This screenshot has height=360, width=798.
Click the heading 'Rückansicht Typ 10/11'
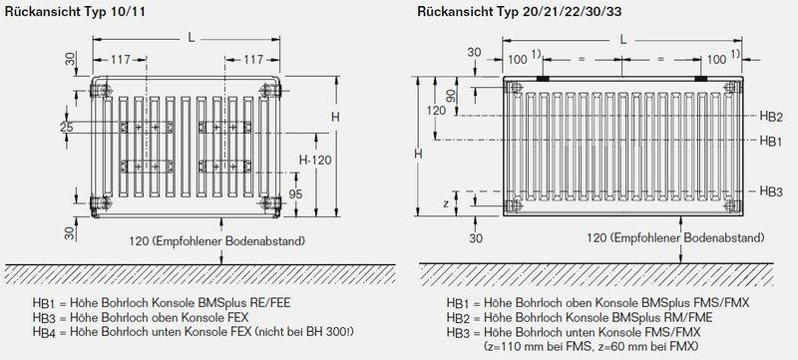click(x=75, y=12)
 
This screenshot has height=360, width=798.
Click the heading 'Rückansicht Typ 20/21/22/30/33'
click(x=519, y=12)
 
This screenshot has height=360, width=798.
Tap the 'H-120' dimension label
click(x=315, y=161)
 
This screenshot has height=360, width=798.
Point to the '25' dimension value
click(x=67, y=127)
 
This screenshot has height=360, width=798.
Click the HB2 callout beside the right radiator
click(x=771, y=117)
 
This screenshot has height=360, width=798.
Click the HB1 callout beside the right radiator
click(x=771, y=141)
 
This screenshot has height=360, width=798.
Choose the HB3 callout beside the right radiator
click(x=771, y=191)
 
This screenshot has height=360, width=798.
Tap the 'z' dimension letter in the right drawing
click(x=446, y=203)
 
